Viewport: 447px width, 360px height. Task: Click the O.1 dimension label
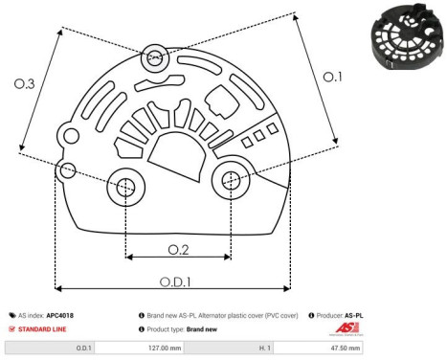tap(331, 78)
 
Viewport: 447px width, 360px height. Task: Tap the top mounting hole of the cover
tap(153, 58)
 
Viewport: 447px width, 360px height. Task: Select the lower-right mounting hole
tap(231, 179)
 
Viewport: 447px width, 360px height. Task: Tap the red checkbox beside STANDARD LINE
tap(11, 328)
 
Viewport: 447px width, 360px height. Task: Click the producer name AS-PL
tap(354, 314)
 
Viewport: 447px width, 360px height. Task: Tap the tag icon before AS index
tap(11, 314)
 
